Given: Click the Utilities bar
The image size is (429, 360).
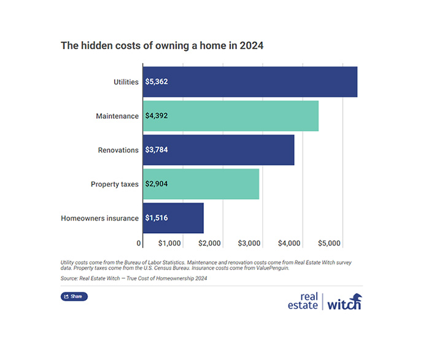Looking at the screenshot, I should click(x=250, y=82).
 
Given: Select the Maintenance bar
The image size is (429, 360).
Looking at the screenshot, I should click(x=230, y=116).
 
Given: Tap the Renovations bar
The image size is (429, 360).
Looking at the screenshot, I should click(x=218, y=150).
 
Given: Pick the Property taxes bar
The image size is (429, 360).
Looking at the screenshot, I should click(x=201, y=184).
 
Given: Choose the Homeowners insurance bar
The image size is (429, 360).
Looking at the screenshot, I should click(x=173, y=217).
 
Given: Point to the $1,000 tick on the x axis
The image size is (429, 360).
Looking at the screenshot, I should click(x=169, y=244).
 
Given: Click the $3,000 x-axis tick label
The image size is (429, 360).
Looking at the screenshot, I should click(x=250, y=244).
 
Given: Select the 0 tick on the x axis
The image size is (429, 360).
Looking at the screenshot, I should click(x=139, y=244).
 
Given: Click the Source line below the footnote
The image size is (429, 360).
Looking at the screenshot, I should click(x=134, y=278).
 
